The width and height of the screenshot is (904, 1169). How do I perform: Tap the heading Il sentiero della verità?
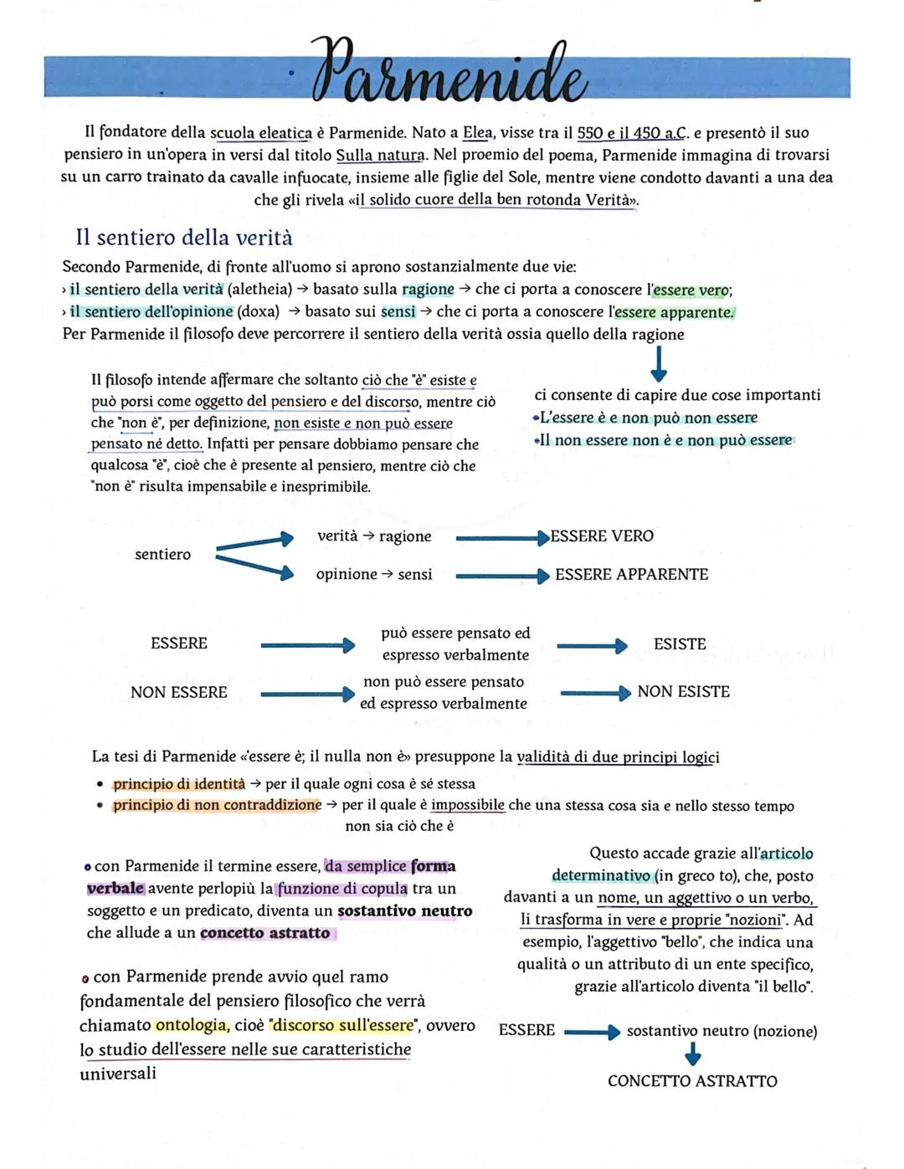184,238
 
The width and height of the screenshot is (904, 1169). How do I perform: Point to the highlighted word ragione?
428,290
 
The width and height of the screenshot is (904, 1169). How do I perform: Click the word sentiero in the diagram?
162,554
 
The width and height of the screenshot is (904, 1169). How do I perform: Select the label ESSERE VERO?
602,536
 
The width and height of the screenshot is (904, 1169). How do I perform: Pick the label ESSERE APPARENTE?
631,575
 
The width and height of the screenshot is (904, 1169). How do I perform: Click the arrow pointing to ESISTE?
592,645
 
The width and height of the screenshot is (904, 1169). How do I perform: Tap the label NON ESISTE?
683,692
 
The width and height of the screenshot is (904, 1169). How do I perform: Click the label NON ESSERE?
179,693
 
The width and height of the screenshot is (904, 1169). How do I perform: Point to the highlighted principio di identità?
179,784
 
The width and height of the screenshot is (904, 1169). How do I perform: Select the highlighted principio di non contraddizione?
217,805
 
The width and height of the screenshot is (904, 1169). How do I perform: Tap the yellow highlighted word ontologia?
191,1025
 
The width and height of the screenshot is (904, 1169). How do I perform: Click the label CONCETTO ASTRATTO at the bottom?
692,1081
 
